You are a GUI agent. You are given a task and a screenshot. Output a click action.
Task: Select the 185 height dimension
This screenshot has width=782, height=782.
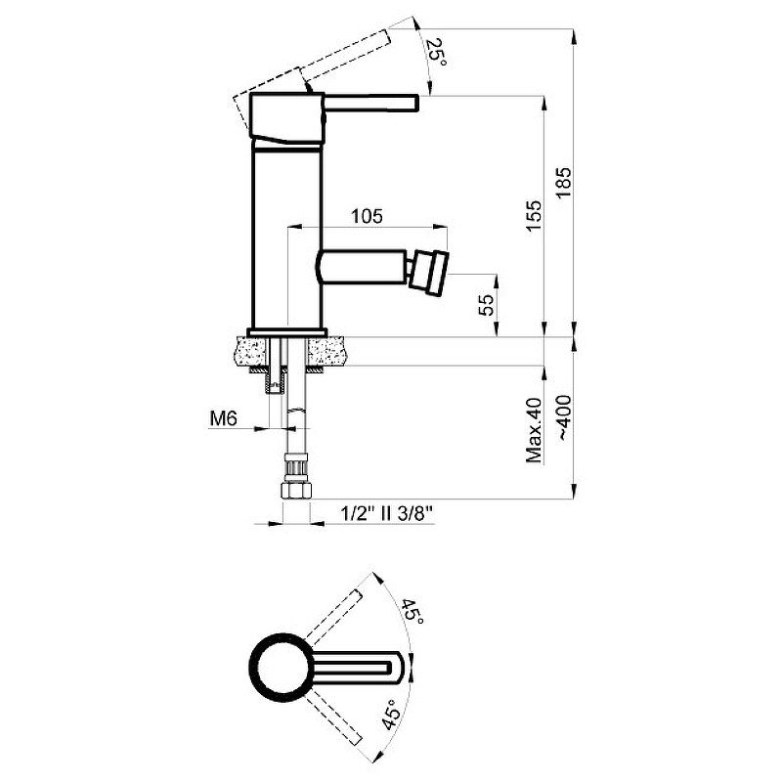[564, 183]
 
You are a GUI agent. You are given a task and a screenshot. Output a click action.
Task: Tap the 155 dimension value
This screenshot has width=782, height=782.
[533, 215]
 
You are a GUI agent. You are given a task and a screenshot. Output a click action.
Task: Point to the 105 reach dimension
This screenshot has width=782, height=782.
[367, 216]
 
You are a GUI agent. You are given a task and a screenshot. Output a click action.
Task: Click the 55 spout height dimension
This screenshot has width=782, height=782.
[486, 305]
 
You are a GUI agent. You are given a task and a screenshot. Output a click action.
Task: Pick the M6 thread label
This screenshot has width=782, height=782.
[223, 419]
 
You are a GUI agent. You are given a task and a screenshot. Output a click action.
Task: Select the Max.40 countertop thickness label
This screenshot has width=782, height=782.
[534, 430]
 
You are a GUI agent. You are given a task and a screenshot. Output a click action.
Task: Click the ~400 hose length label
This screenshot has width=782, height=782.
[564, 418]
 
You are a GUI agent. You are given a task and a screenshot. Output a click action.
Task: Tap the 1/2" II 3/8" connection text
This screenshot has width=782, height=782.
[386, 513]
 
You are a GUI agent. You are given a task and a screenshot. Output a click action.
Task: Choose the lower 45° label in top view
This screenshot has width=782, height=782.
[390, 715]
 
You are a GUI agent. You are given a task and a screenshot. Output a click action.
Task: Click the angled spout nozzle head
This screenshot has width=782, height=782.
[428, 271]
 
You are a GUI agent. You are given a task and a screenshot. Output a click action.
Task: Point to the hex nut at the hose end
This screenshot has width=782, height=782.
[296, 491]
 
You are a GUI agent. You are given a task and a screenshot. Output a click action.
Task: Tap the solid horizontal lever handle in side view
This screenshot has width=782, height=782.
[371, 104]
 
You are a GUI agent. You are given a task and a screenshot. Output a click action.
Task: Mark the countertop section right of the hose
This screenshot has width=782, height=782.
[326, 351]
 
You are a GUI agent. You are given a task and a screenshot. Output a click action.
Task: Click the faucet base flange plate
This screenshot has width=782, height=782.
[287, 332]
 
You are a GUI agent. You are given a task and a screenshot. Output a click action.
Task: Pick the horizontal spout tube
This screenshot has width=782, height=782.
[362, 267]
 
